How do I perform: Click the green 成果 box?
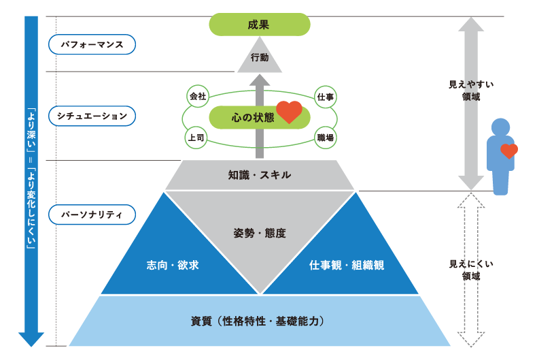pos(259,25)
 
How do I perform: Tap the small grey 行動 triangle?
pos(259,59)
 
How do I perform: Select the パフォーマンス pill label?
pos(92,44)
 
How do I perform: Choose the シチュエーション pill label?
pos(92,116)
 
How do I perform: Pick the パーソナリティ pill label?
pos(92,215)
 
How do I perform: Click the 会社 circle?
pos(197,97)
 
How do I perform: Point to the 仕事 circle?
pos(325,97)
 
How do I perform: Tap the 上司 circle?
pos(197,138)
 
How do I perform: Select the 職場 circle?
pos(325,138)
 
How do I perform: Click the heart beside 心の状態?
pos(289,112)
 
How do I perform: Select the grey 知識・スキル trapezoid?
pos(259,175)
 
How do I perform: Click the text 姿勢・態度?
pos(259,233)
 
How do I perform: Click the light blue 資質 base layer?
pos(259,320)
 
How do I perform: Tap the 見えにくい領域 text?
pos(471,270)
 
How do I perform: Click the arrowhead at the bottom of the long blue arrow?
pos(31,338)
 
